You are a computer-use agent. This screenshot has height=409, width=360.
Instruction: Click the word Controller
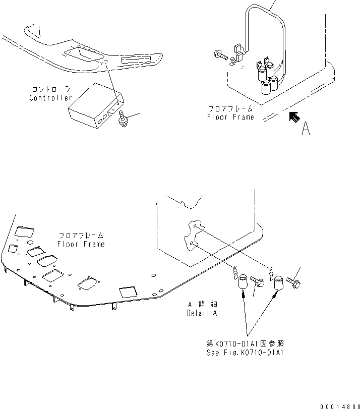(x=50, y=98)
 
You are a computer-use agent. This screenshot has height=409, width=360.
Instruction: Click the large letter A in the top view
(x=306, y=129)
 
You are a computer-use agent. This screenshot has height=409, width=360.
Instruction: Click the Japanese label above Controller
(x=51, y=89)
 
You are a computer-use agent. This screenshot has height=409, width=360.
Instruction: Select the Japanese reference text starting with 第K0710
(x=246, y=344)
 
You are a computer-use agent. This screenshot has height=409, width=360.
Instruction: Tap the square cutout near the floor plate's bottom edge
(x=127, y=292)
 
